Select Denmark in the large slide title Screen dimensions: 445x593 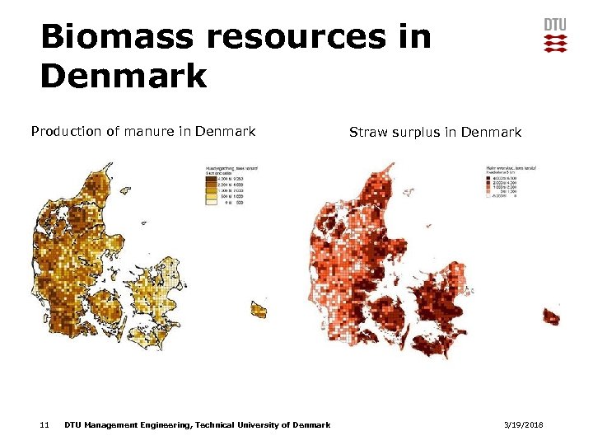[x=124, y=76]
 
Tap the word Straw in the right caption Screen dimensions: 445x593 [x=367, y=132]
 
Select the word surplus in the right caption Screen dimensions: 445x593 [x=413, y=133]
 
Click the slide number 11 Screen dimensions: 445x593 [x=44, y=424]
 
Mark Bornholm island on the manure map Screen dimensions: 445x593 [x=259, y=309]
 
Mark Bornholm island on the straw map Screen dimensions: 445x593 [x=551, y=316]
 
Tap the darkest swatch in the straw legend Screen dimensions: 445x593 [x=488, y=177]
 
